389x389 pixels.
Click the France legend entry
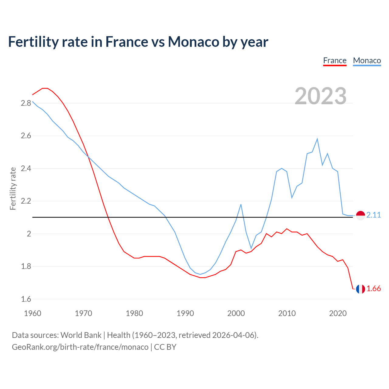pyautogui.click(x=335, y=60)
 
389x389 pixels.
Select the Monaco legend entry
pyautogui.click(x=367, y=60)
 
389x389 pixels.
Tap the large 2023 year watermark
pyautogui.click(x=321, y=96)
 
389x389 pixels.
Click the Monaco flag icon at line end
pyautogui.click(x=360, y=215)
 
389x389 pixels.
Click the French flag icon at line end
pyautogui.click(x=360, y=289)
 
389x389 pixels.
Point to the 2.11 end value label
pyautogui.click(x=374, y=215)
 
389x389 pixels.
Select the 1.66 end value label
pyautogui.click(x=374, y=289)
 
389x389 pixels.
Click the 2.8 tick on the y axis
pyautogui.click(x=26, y=103)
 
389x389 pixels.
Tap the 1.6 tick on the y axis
pyautogui.click(x=26, y=299)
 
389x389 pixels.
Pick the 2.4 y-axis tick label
pyautogui.click(x=26, y=168)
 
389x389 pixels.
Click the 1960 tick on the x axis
pyautogui.click(x=33, y=313)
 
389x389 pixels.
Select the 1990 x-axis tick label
pyautogui.click(x=185, y=313)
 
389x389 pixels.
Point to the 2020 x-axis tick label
pyautogui.click(x=338, y=313)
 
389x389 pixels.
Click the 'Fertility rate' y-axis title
pyautogui.click(x=13, y=188)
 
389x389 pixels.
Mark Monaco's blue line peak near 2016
pyautogui.click(x=317, y=139)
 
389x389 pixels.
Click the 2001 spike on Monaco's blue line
pyautogui.click(x=241, y=204)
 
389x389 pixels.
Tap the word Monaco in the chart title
pyautogui.click(x=194, y=42)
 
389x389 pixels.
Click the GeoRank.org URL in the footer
pyautogui.click(x=80, y=347)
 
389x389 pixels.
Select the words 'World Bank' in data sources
pyautogui.click(x=81, y=335)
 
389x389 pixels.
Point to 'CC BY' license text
pyautogui.click(x=165, y=347)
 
